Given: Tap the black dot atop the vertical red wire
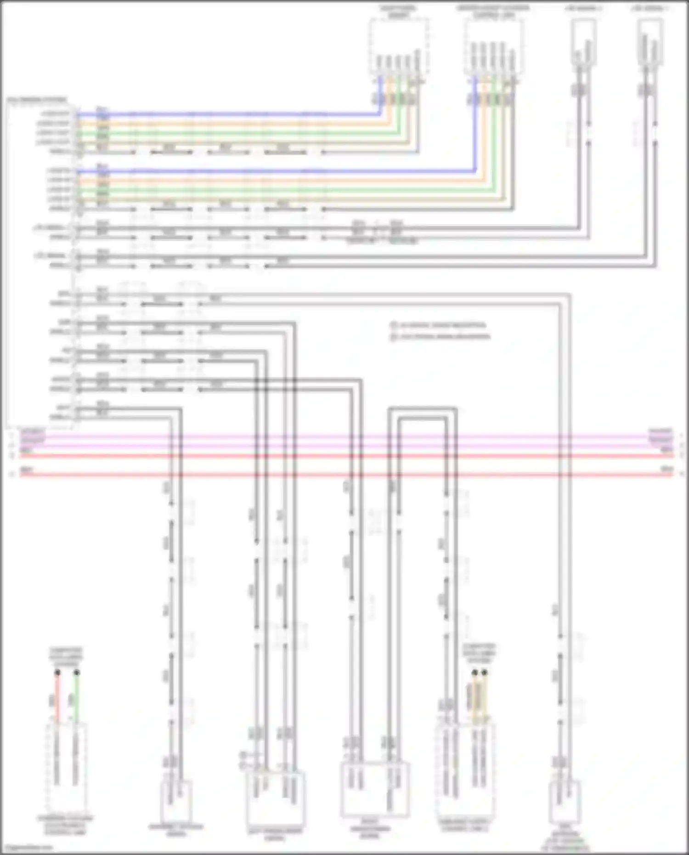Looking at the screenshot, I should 57,673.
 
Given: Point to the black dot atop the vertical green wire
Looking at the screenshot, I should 77,673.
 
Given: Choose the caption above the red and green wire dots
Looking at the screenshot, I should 66,657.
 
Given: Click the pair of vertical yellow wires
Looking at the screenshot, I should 479,698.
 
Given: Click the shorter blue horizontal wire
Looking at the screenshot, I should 230,113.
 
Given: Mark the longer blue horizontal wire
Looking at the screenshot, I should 276,171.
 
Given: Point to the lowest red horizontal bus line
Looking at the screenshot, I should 344,474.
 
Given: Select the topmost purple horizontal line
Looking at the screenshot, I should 344,436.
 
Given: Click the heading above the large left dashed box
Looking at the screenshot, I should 37,99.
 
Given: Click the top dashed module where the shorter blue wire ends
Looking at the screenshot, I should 399,46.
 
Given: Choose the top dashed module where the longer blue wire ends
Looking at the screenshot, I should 493,46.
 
